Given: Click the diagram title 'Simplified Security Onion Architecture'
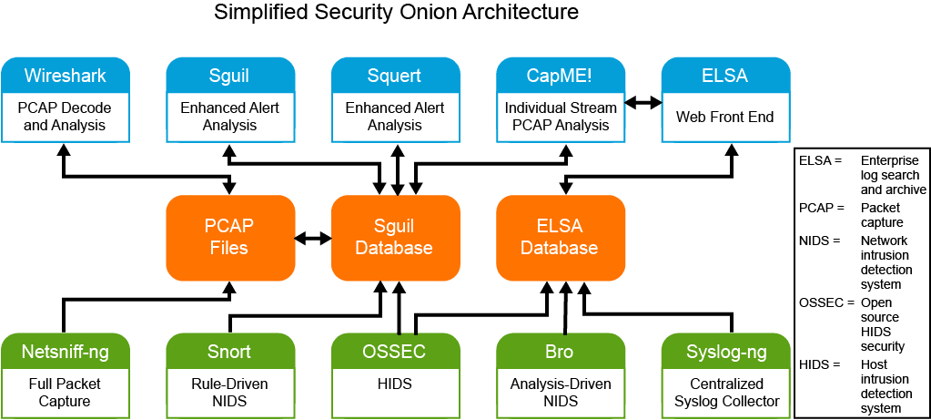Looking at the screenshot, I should click(x=396, y=13).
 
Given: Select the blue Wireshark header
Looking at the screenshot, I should click(x=64, y=75).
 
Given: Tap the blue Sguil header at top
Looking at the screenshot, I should click(x=229, y=75).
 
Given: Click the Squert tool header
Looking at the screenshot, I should click(x=394, y=75).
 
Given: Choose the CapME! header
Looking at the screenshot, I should click(x=560, y=75).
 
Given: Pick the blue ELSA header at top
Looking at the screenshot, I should click(x=724, y=75).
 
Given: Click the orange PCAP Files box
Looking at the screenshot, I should click(x=230, y=237).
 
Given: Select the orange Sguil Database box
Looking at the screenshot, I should click(x=394, y=237).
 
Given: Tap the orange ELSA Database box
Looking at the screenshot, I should click(x=560, y=237).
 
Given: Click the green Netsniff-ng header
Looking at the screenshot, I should click(x=64, y=352).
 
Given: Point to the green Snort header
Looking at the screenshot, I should click(x=229, y=352).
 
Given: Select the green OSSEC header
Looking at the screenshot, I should click(x=394, y=352).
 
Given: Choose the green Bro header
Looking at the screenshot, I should click(x=560, y=352).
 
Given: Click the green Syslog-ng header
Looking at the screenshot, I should click(x=724, y=352).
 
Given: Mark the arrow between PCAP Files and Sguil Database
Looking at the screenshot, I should click(x=312, y=238).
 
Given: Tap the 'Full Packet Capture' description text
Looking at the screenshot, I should click(x=64, y=392).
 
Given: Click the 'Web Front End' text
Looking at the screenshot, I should click(x=724, y=117).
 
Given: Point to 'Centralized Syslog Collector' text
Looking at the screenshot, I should click(x=724, y=392).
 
